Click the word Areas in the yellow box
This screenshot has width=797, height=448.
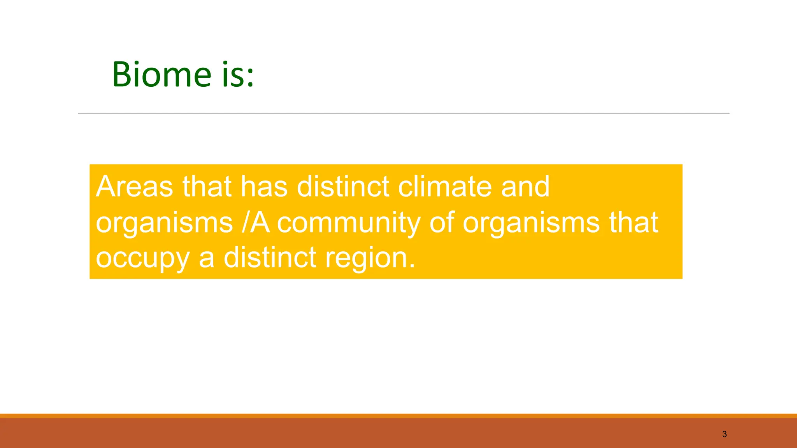[x=134, y=187]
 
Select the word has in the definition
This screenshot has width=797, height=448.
[x=264, y=187]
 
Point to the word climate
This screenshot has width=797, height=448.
[x=444, y=187]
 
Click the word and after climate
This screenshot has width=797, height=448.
[x=525, y=187]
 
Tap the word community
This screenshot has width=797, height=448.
[x=348, y=223]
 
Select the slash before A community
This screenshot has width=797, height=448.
[x=245, y=223]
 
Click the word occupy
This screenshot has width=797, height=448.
[x=142, y=259]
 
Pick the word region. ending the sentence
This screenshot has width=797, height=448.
[x=370, y=259]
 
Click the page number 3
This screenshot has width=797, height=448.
[x=724, y=434]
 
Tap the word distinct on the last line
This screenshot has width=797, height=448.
[x=270, y=258]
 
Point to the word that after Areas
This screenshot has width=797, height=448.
[x=207, y=187]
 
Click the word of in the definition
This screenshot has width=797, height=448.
[x=442, y=223]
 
